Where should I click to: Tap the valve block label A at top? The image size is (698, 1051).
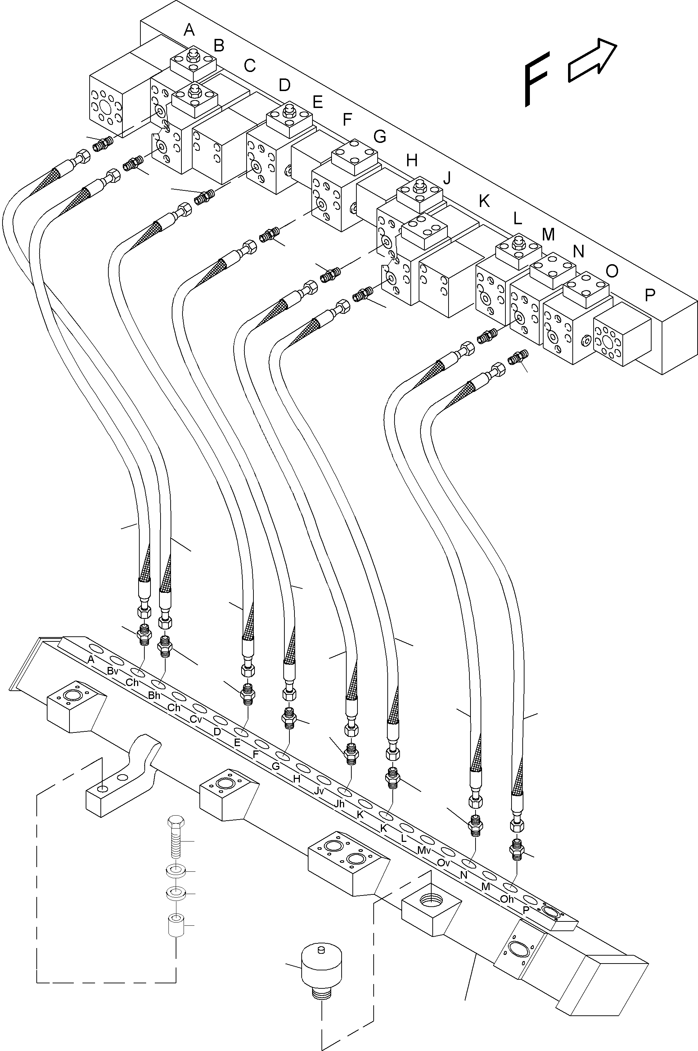(189, 30)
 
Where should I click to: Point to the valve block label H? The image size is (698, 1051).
(412, 160)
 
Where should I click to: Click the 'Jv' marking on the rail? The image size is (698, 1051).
(319, 791)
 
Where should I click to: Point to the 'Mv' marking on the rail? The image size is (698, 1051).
(424, 850)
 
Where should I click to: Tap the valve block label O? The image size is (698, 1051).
(612, 271)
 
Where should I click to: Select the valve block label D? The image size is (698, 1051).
(284, 85)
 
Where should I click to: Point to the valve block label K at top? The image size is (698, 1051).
(484, 201)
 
